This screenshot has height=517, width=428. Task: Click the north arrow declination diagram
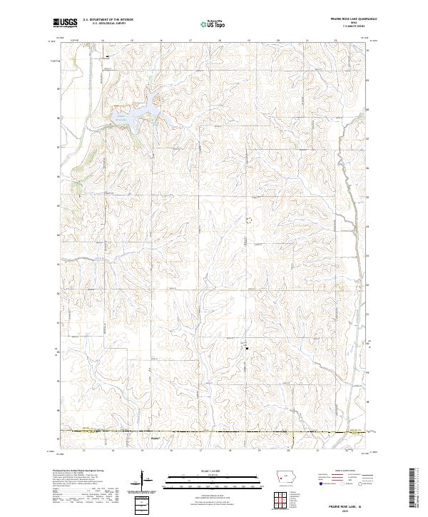141,481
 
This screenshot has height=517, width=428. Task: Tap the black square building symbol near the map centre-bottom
247,349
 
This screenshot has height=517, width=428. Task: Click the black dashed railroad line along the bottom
214,432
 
